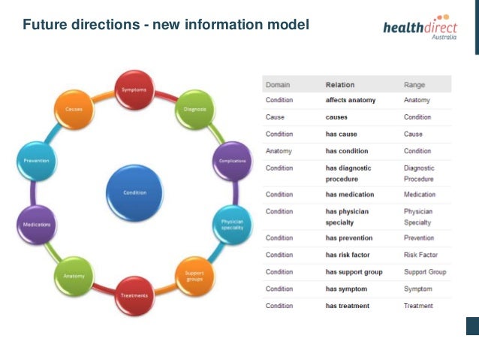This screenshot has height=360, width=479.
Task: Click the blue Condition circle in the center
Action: [135, 192]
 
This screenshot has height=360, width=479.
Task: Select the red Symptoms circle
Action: [134, 91]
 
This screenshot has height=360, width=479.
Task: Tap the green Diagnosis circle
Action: [194, 110]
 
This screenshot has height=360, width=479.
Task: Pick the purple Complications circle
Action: [232, 161]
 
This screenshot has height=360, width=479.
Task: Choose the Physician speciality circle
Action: [232, 225]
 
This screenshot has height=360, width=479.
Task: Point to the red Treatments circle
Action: [135, 295]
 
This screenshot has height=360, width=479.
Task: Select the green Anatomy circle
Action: [74, 276]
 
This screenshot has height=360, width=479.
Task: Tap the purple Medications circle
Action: [37, 225]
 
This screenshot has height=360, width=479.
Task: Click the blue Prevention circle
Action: [37, 161]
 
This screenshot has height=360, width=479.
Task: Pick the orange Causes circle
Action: [74, 110]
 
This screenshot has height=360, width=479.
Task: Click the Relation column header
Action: [340, 85]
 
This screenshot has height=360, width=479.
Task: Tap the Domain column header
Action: [278, 85]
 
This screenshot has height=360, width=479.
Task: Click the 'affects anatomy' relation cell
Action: [351, 100]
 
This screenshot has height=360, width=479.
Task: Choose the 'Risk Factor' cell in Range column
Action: [421, 255]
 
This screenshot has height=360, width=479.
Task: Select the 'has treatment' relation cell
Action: [348, 306]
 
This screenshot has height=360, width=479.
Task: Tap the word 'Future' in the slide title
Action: [44, 26]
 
